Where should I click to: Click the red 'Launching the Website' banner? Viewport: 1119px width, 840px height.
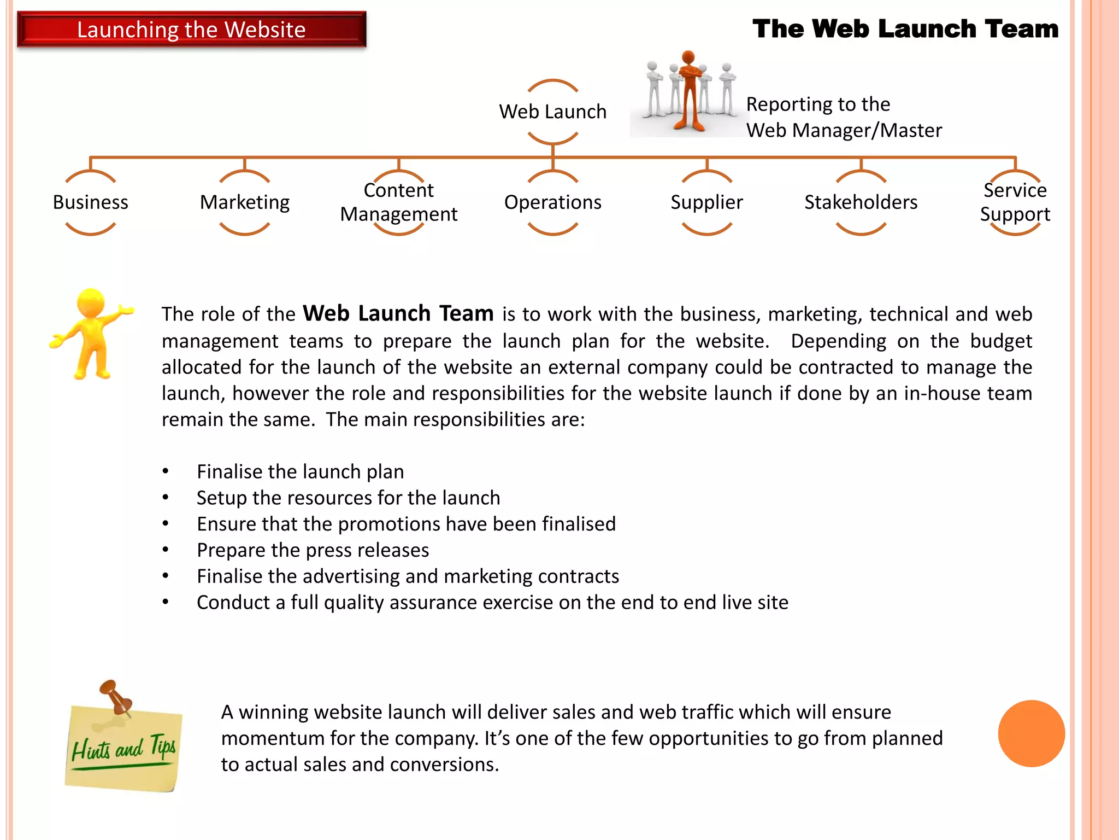click(x=191, y=30)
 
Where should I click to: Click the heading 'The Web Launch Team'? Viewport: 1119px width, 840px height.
click(x=905, y=28)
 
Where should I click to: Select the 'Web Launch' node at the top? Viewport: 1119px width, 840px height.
click(x=552, y=112)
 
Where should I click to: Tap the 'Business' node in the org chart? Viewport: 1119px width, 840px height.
click(x=91, y=202)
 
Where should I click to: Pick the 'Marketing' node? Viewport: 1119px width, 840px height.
click(x=245, y=202)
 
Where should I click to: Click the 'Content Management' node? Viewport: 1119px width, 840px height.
click(x=399, y=202)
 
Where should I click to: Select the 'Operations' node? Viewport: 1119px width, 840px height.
click(x=552, y=202)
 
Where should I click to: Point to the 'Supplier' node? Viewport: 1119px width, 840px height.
click(x=706, y=202)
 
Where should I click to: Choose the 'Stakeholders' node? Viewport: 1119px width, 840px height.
click(x=861, y=202)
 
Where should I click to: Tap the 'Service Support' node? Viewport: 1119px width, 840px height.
click(x=1015, y=202)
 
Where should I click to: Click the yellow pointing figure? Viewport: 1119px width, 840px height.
click(x=91, y=334)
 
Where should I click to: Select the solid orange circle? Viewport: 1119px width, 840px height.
click(x=1031, y=733)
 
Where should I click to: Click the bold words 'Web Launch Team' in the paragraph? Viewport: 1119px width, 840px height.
click(x=398, y=313)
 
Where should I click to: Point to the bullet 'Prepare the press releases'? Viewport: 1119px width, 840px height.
click(x=313, y=550)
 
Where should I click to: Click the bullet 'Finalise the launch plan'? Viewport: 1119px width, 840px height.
click(x=300, y=471)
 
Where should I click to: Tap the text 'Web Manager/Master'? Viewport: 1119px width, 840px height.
click(x=844, y=131)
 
